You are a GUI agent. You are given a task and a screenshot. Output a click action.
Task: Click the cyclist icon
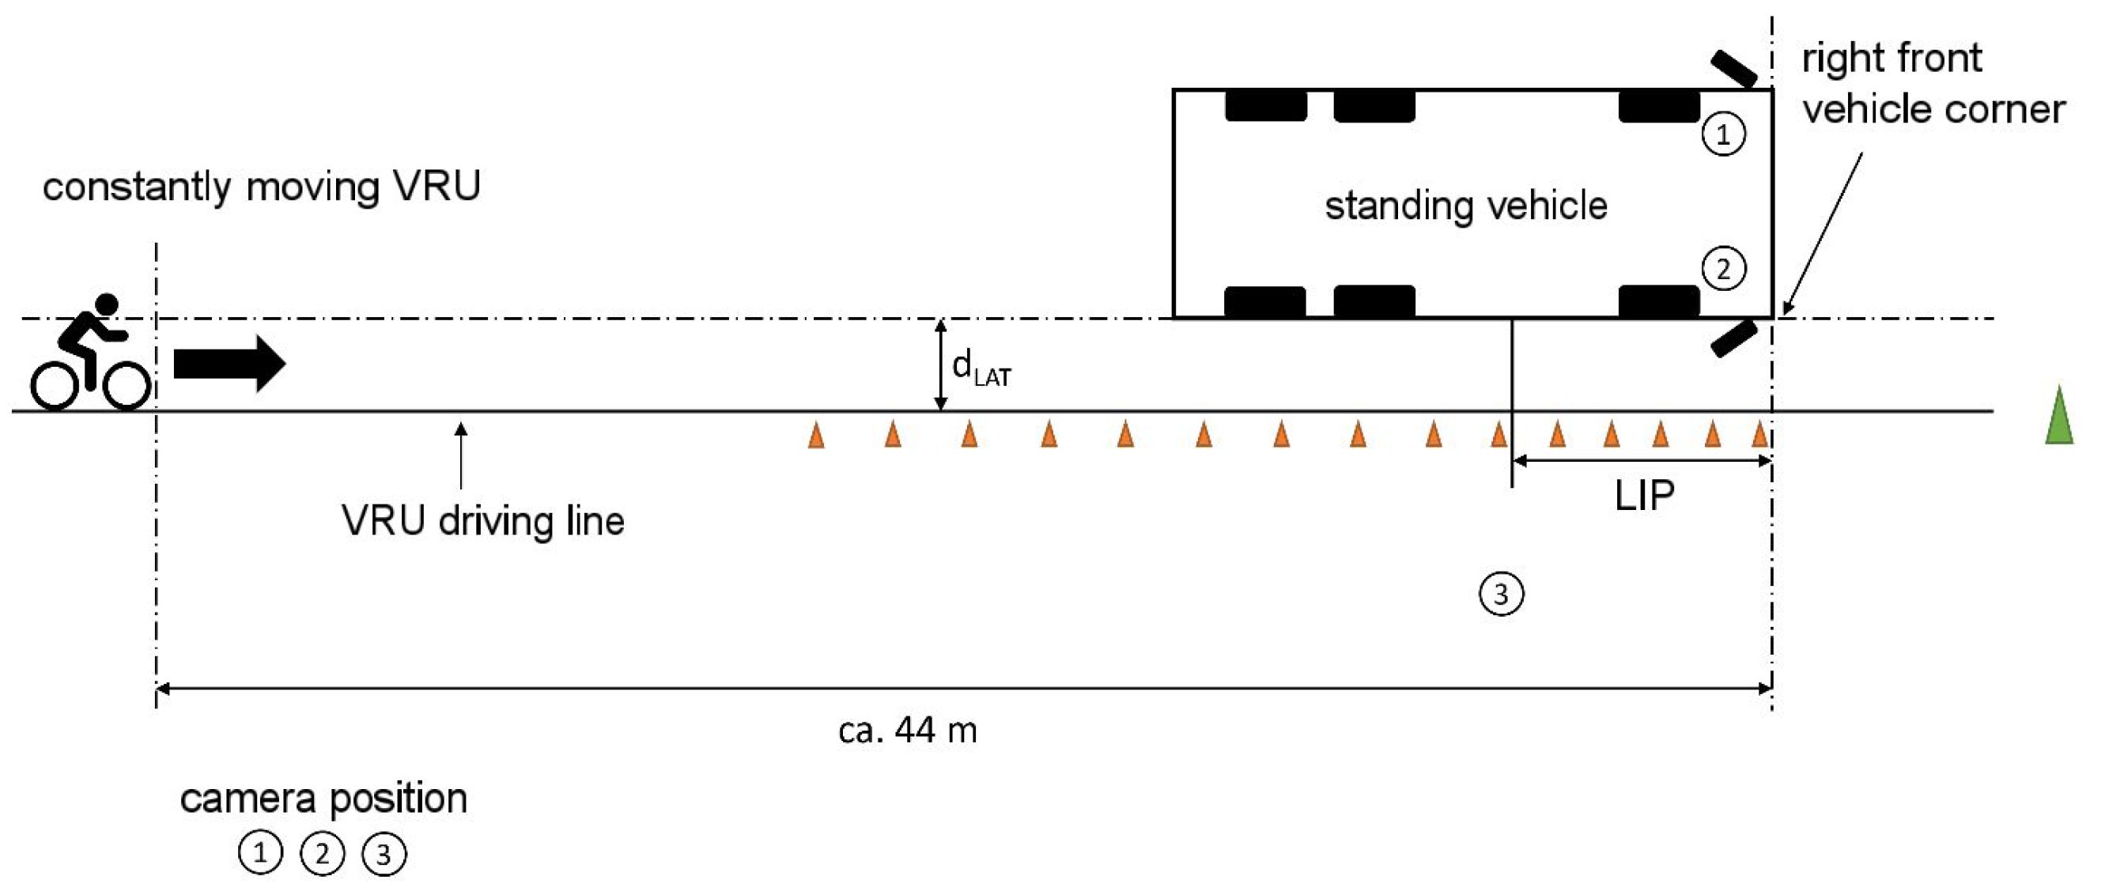pyautogui.click(x=90, y=353)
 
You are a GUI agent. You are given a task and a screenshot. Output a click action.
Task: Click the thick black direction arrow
pyautogui.click(x=229, y=363)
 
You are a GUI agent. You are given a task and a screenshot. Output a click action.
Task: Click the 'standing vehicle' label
pyautogui.click(x=1465, y=205)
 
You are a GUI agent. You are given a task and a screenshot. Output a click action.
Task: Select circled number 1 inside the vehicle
pyautogui.click(x=1723, y=134)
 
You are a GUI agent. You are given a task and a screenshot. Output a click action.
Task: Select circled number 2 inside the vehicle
pyautogui.click(x=1723, y=269)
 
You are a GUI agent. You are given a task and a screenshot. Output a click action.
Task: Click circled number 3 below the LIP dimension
pyautogui.click(x=1501, y=595)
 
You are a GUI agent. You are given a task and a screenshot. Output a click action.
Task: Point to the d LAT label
pyautogui.click(x=981, y=367)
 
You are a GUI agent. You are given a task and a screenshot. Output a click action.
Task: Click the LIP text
pyautogui.click(x=1644, y=495)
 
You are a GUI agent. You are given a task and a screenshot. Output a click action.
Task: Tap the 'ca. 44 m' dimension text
pyautogui.click(x=907, y=730)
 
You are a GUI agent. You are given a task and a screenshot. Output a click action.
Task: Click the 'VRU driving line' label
pyautogui.click(x=482, y=521)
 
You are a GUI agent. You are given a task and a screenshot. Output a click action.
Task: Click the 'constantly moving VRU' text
pyautogui.click(x=262, y=187)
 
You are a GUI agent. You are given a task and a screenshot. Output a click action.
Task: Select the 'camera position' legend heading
pyautogui.click(x=323, y=798)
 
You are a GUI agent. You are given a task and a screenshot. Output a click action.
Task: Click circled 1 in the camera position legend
pyautogui.click(x=260, y=853)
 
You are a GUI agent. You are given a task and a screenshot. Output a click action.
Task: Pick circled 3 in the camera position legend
pyautogui.click(x=384, y=854)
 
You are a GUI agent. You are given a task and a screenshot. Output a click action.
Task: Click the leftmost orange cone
pyautogui.click(x=815, y=435)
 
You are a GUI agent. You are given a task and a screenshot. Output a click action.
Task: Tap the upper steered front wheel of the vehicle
pyautogui.click(x=1734, y=69)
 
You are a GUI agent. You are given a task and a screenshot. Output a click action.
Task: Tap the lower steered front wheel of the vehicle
pyautogui.click(x=1734, y=338)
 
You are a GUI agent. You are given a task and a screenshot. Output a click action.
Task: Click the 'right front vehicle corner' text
pyautogui.click(x=1933, y=83)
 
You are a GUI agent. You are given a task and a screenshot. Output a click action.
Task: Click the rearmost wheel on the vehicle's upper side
pyautogui.click(x=1265, y=106)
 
